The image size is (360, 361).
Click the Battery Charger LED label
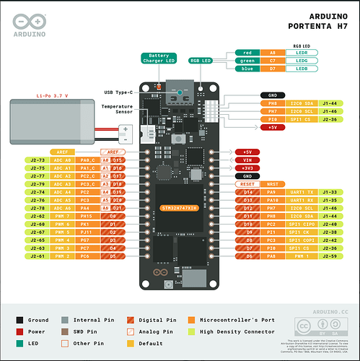160,58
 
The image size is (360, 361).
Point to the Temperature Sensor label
117,110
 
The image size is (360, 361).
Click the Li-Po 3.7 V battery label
51,95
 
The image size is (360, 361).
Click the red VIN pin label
247,160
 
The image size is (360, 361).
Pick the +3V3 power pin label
247,168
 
